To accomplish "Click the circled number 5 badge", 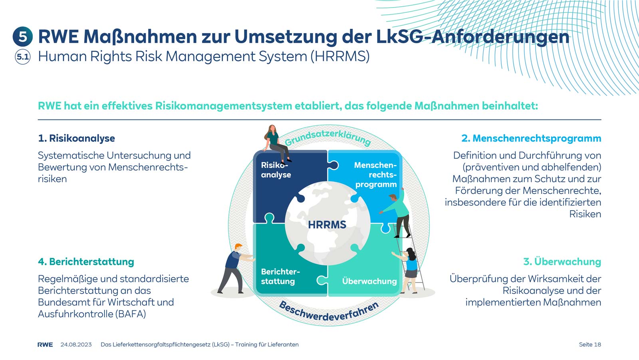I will click(x=23, y=37).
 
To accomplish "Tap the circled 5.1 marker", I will click(x=23, y=57).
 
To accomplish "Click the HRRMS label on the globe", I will click(x=327, y=225).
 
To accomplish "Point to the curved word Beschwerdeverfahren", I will click(x=329, y=312).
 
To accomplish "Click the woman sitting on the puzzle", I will click(x=276, y=143).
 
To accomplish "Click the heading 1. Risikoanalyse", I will click(x=76, y=138).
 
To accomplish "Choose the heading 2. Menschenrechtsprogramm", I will click(x=531, y=138).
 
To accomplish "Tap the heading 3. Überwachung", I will click(x=562, y=262).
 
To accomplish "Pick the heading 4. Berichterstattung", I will click(x=86, y=262).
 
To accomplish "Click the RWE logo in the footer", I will click(x=45, y=344).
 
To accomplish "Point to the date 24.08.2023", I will click(x=76, y=344).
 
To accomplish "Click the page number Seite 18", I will click(x=590, y=344).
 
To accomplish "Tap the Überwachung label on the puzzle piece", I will click(x=369, y=281).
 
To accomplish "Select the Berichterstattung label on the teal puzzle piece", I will click(x=280, y=276).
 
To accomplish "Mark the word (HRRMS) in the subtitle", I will click(x=340, y=56).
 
